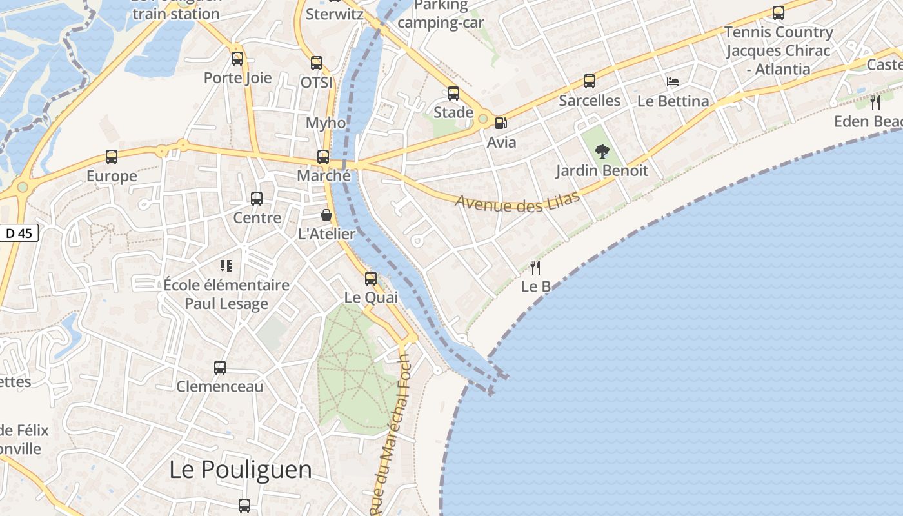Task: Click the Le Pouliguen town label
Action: pos(241,470)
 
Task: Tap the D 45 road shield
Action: pos(19,233)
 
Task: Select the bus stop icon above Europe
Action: pos(112,157)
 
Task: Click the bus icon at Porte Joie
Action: pos(237,59)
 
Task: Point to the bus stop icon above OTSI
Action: pos(317,63)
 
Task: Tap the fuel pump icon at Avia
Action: pos(501,123)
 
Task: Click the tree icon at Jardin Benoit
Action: pos(602,152)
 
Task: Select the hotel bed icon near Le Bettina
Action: pos(673,82)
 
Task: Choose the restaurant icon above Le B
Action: pos(535,267)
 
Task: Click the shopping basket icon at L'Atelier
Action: pos(326,215)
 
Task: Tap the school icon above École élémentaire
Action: pos(226,265)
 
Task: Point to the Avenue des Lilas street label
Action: pos(518,202)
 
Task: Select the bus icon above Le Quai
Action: pos(371,279)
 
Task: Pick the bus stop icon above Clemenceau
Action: pos(220,368)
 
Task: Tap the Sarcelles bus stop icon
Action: pos(590,81)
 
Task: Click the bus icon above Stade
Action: pos(453,94)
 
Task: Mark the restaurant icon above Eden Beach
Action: pos(875,102)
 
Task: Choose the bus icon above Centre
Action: pos(257,199)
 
